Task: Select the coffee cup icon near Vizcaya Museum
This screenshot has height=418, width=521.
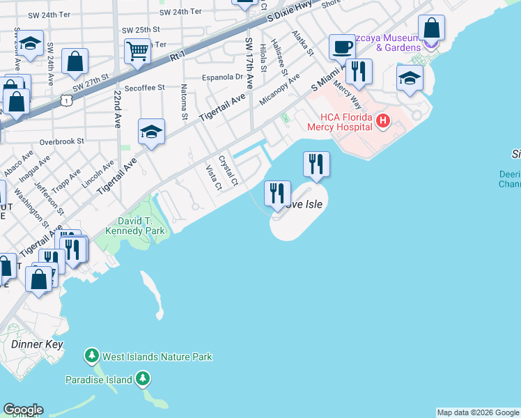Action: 341,47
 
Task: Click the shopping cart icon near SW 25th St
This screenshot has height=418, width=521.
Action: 138,51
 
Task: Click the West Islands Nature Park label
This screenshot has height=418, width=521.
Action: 157,357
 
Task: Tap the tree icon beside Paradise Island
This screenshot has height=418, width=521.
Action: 143,379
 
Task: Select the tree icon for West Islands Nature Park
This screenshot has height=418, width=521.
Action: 91,357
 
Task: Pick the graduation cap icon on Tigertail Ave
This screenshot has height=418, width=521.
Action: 150,131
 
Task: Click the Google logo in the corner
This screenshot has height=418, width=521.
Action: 23,410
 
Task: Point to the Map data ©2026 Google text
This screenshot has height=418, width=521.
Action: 478,412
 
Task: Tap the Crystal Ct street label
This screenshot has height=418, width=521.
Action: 228,171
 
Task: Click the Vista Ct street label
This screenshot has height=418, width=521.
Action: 213,178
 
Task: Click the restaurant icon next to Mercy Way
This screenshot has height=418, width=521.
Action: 359,71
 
